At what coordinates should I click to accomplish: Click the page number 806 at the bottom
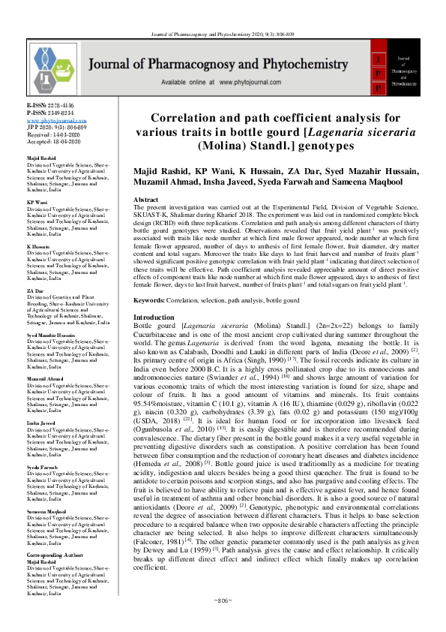pos(223,621)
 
